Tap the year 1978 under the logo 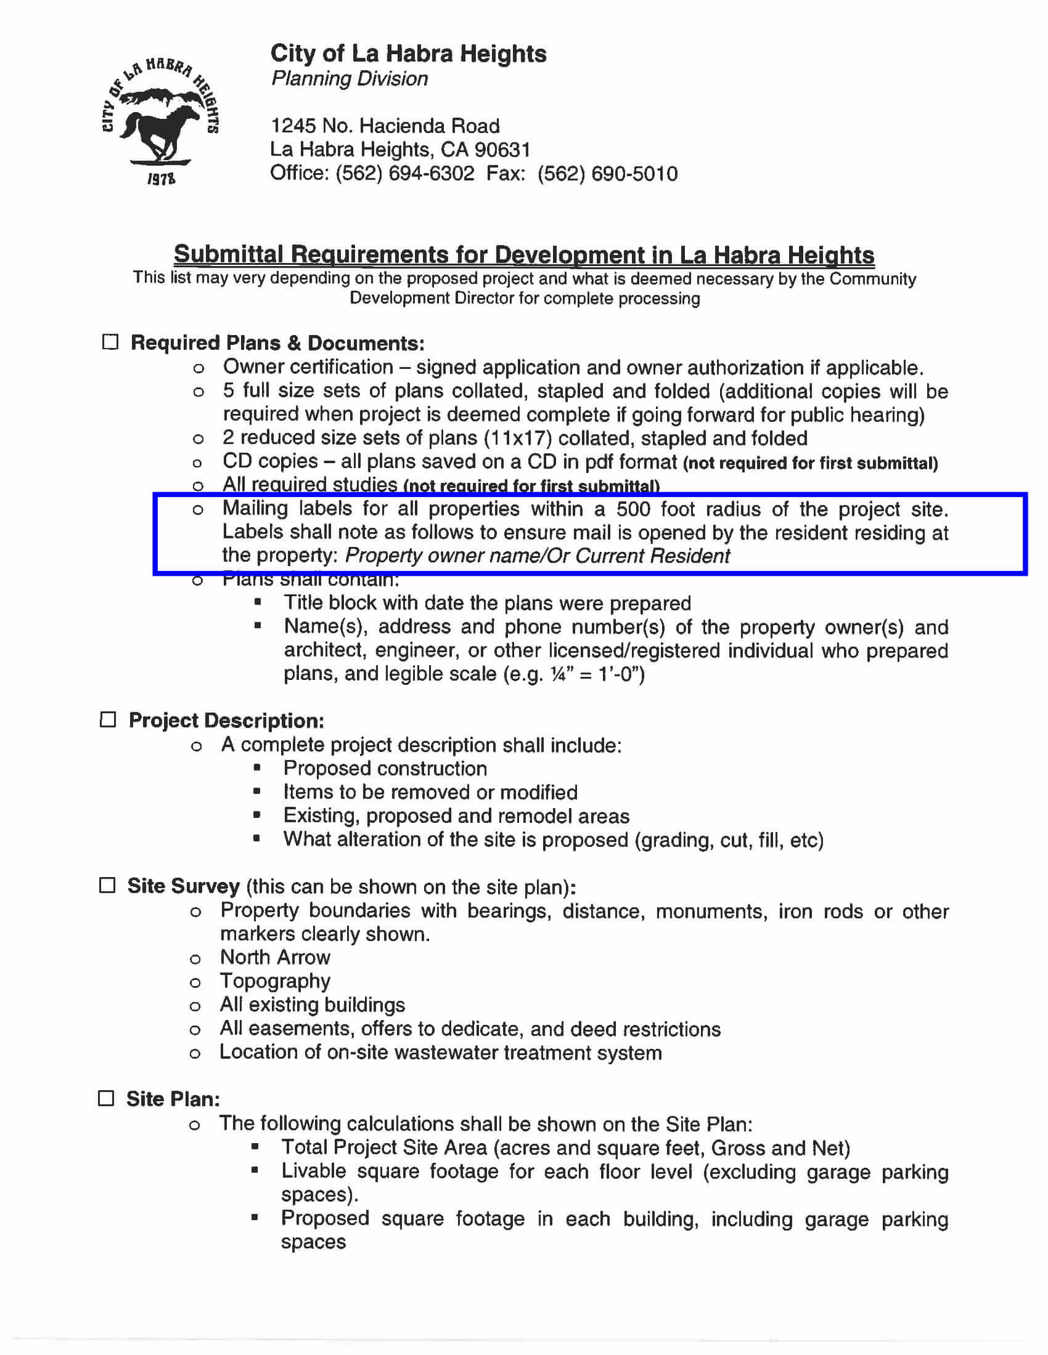161,179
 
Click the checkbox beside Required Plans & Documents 110,342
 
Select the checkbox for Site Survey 107,884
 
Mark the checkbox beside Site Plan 107,1098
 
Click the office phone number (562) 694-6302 405,173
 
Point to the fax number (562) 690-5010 607,174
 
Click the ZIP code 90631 502,150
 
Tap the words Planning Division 350,79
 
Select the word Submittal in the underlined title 228,254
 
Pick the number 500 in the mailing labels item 632,509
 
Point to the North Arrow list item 275,957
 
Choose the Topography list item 275,981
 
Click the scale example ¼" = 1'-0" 597,674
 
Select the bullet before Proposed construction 257,768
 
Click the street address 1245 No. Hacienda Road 385,126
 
